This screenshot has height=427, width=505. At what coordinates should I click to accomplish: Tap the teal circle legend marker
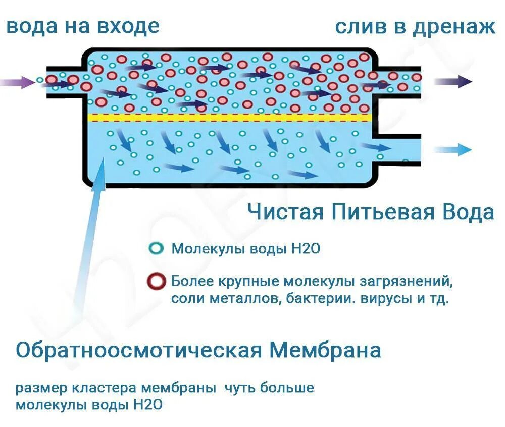click(157, 249)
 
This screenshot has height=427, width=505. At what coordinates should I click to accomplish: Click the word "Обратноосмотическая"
click(138, 349)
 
